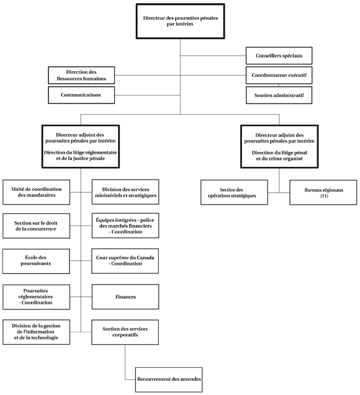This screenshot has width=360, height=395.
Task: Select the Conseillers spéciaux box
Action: pos(279,56)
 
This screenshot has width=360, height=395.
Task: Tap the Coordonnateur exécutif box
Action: pos(279,76)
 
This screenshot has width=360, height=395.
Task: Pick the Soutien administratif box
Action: pos(279,95)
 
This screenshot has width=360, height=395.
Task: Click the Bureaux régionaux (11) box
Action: pos(323,192)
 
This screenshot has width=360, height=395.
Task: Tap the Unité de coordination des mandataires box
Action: pos(36,192)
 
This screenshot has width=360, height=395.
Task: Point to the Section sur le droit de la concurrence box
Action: pos(36,226)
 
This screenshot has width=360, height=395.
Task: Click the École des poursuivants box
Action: pos(36,260)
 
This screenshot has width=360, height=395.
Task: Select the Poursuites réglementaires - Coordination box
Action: pos(36,296)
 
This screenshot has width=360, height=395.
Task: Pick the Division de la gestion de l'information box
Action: pos(36,332)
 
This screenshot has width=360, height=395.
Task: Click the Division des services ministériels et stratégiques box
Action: pos(125,192)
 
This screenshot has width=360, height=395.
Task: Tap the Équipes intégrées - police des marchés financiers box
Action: pos(125,226)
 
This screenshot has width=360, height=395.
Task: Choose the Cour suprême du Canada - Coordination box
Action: pos(125,260)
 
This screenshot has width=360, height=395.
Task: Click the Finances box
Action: pos(125,297)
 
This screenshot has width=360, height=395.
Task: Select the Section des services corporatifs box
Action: pos(125,332)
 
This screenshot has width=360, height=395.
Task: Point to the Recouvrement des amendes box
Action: pos(169,378)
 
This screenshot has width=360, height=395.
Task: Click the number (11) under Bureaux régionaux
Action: pos(323,196)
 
